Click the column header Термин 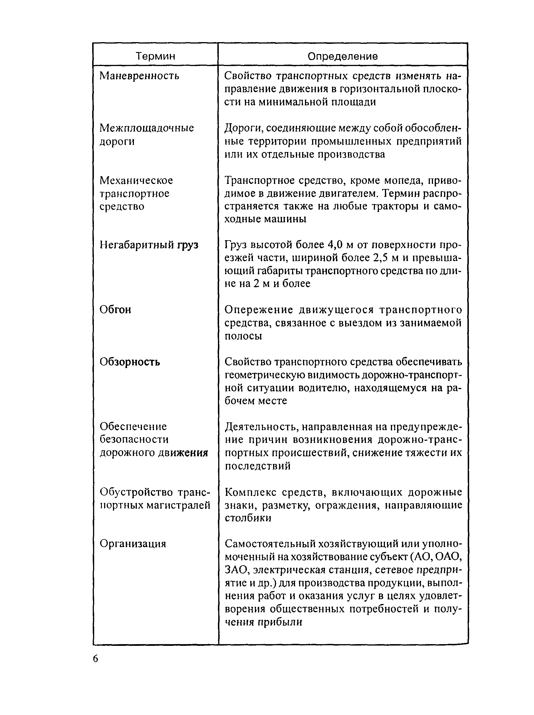tap(155, 56)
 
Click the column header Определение tap(343, 56)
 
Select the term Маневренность tap(139, 76)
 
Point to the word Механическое tap(136, 180)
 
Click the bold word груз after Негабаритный tap(188, 245)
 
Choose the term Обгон tap(115, 309)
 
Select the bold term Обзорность tap(129, 362)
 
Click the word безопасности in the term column tap(134, 439)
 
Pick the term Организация tap(133, 544)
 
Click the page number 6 tap(95, 658)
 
